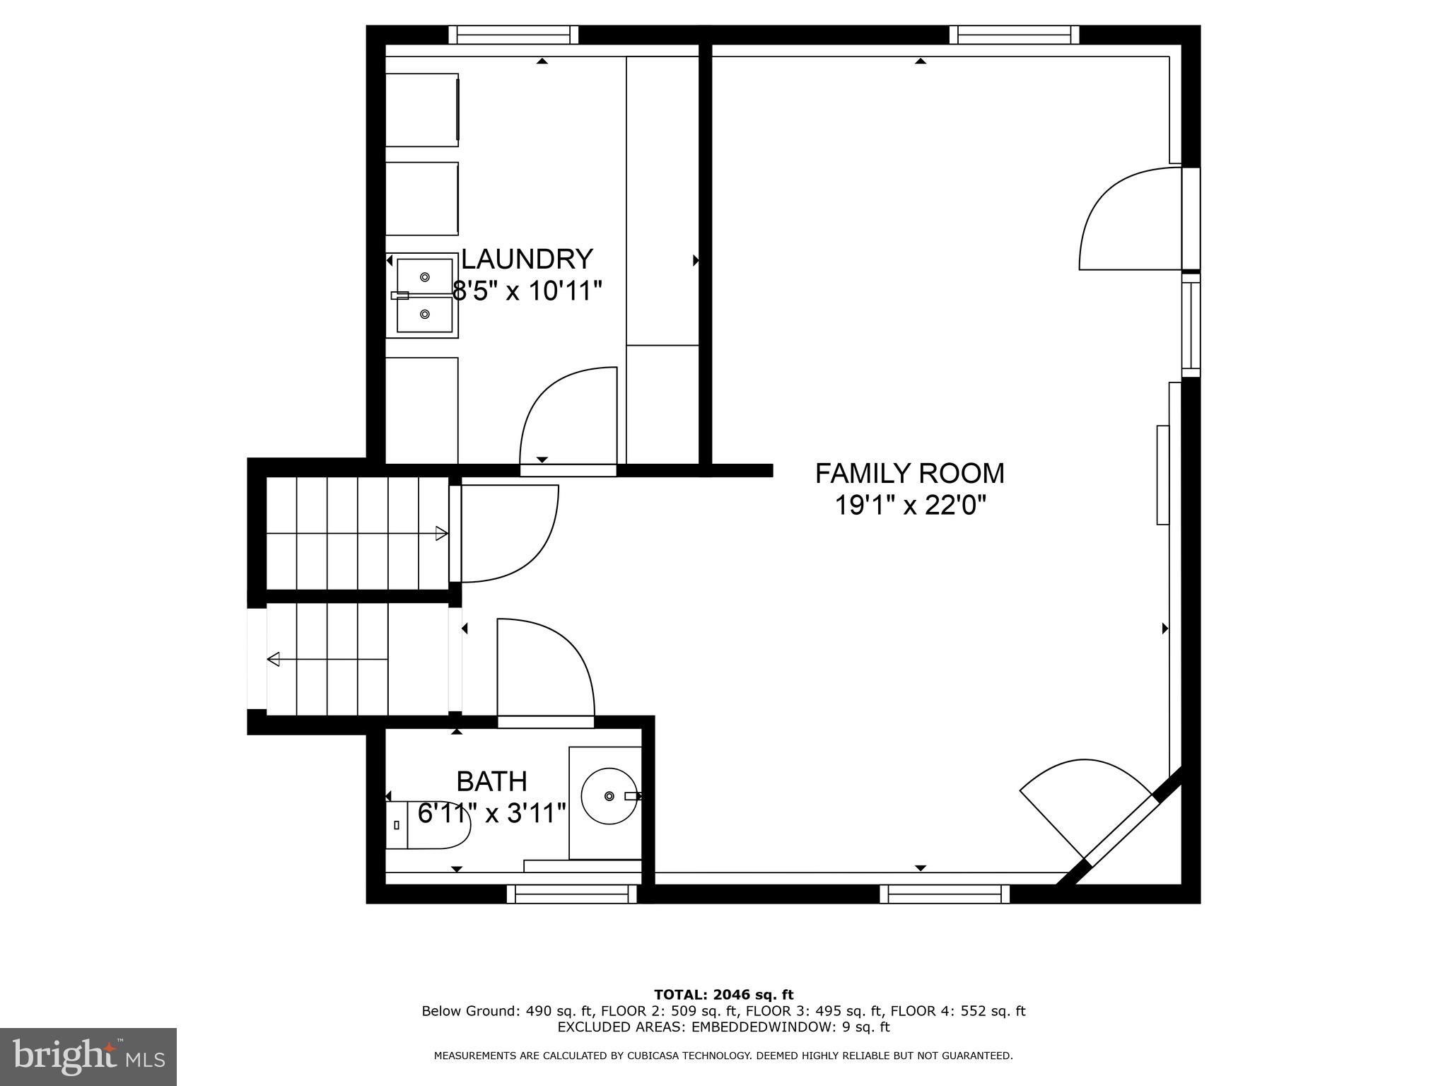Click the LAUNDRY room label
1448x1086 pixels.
tap(527, 259)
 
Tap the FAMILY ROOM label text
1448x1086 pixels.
tap(909, 473)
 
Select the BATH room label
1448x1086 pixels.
tap(491, 781)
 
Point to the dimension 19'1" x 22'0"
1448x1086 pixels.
tap(909, 506)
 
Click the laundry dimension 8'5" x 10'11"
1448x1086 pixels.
tap(527, 291)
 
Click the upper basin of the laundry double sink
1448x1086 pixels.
tap(424, 276)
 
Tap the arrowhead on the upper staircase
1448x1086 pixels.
tap(442, 533)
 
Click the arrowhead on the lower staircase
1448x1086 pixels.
tap(274, 660)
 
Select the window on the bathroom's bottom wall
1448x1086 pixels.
tap(572, 894)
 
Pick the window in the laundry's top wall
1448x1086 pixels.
tap(513, 35)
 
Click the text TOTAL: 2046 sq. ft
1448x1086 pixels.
tap(723, 995)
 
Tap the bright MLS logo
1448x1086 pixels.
tap(88, 1056)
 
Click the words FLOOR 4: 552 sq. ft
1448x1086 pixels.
tap(957, 1011)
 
